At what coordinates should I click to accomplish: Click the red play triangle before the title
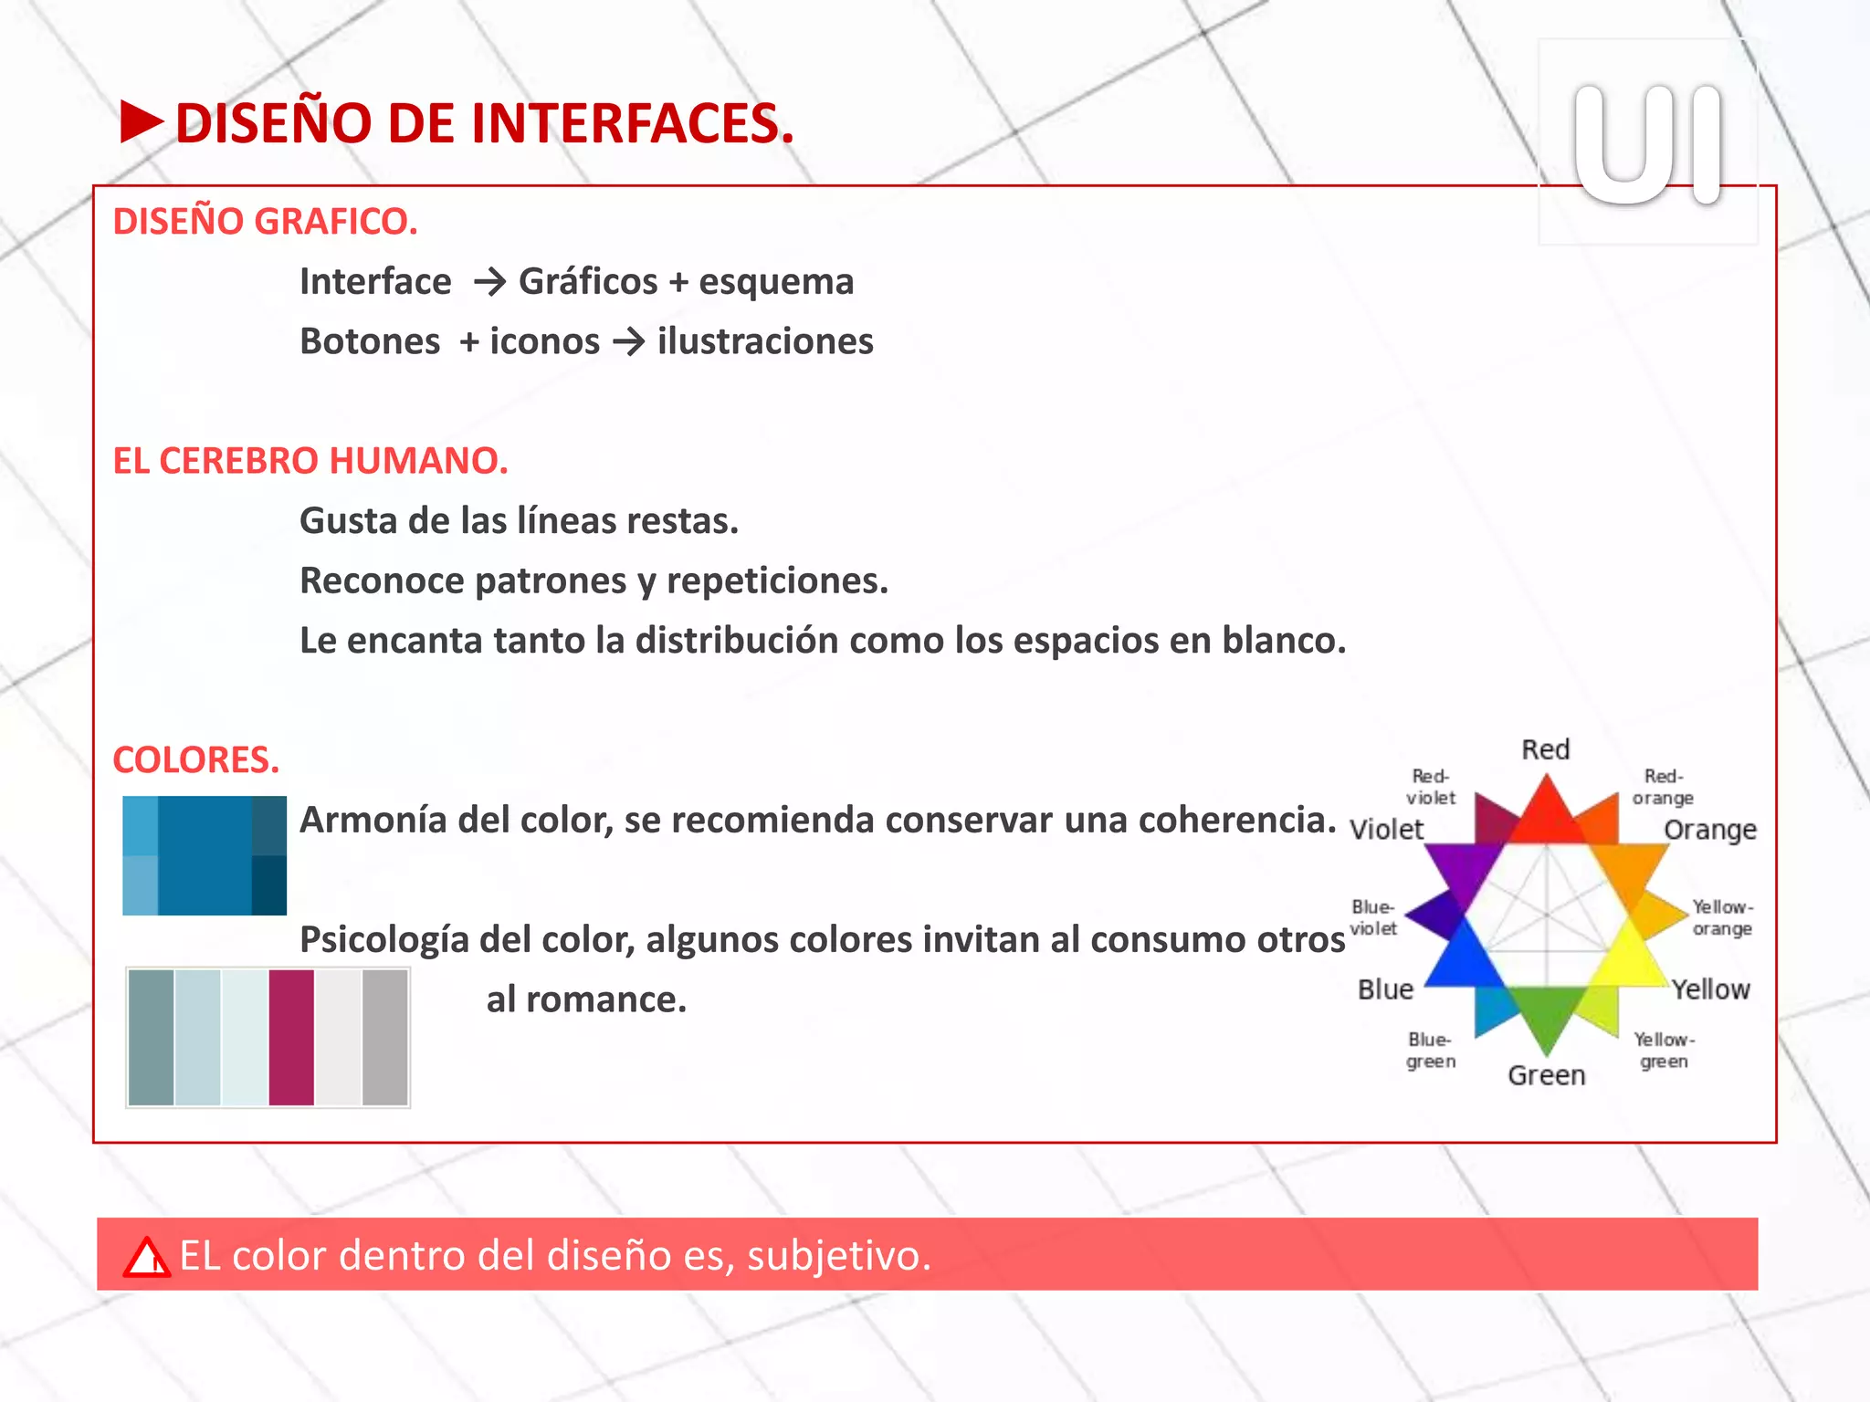pyautogui.click(x=141, y=122)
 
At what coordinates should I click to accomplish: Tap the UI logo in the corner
pyautogui.click(x=1647, y=143)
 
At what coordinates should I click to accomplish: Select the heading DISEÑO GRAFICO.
pyautogui.click(x=265, y=222)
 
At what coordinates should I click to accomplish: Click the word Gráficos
pyautogui.click(x=588, y=282)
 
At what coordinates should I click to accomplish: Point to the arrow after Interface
pyautogui.click(x=489, y=282)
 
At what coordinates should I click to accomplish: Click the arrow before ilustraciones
pyautogui.click(x=629, y=342)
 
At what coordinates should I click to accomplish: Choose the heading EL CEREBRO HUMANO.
pyautogui.click(x=310, y=461)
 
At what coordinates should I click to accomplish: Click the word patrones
pyautogui.click(x=538, y=581)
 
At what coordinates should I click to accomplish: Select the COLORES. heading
pyautogui.click(x=195, y=760)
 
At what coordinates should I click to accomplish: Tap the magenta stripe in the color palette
pyautogui.click(x=291, y=1038)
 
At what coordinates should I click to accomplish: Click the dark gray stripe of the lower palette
pyautogui.click(x=384, y=1038)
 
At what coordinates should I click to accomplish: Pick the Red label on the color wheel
pyautogui.click(x=1545, y=750)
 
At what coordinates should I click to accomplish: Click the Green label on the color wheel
pyautogui.click(x=1546, y=1075)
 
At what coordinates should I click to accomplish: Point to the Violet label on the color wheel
pyautogui.click(x=1386, y=830)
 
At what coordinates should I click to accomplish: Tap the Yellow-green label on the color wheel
pyautogui.click(x=1664, y=1051)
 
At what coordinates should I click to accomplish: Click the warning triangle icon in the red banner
pyautogui.click(x=147, y=1257)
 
